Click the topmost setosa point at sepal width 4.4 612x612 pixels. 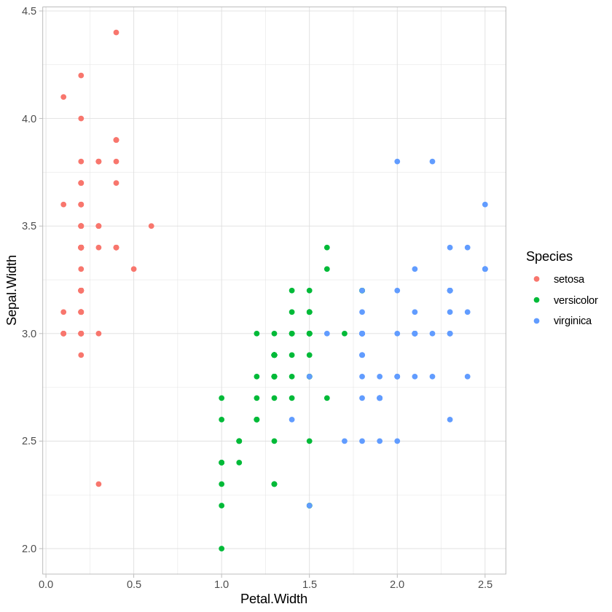[x=116, y=33]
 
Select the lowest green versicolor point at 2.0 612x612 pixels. [x=221, y=549]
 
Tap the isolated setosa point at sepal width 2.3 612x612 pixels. [x=98, y=484]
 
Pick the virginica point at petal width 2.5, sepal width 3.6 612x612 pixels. [x=485, y=205]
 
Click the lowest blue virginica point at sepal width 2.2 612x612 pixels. [x=310, y=506]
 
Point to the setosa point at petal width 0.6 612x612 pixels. [x=152, y=226]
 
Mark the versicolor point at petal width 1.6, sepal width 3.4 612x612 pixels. [x=327, y=248]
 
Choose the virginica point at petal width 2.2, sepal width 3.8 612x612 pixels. [x=432, y=162]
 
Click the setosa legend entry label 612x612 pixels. [x=568, y=279]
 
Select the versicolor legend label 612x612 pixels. [x=575, y=300]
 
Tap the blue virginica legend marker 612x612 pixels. [x=537, y=321]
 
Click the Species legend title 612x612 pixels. [x=549, y=256]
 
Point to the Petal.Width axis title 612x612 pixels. [x=274, y=599]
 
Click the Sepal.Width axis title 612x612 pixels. [x=12, y=290]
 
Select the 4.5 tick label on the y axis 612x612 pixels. [x=29, y=11]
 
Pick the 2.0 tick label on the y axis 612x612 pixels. [x=29, y=549]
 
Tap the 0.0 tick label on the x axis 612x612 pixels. [x=46, y=584]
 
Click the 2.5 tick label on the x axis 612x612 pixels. [x=485, y=584]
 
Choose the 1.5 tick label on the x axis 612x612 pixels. [x=310, y=584]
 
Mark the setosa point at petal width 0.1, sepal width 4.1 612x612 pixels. [x=63, y=97]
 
